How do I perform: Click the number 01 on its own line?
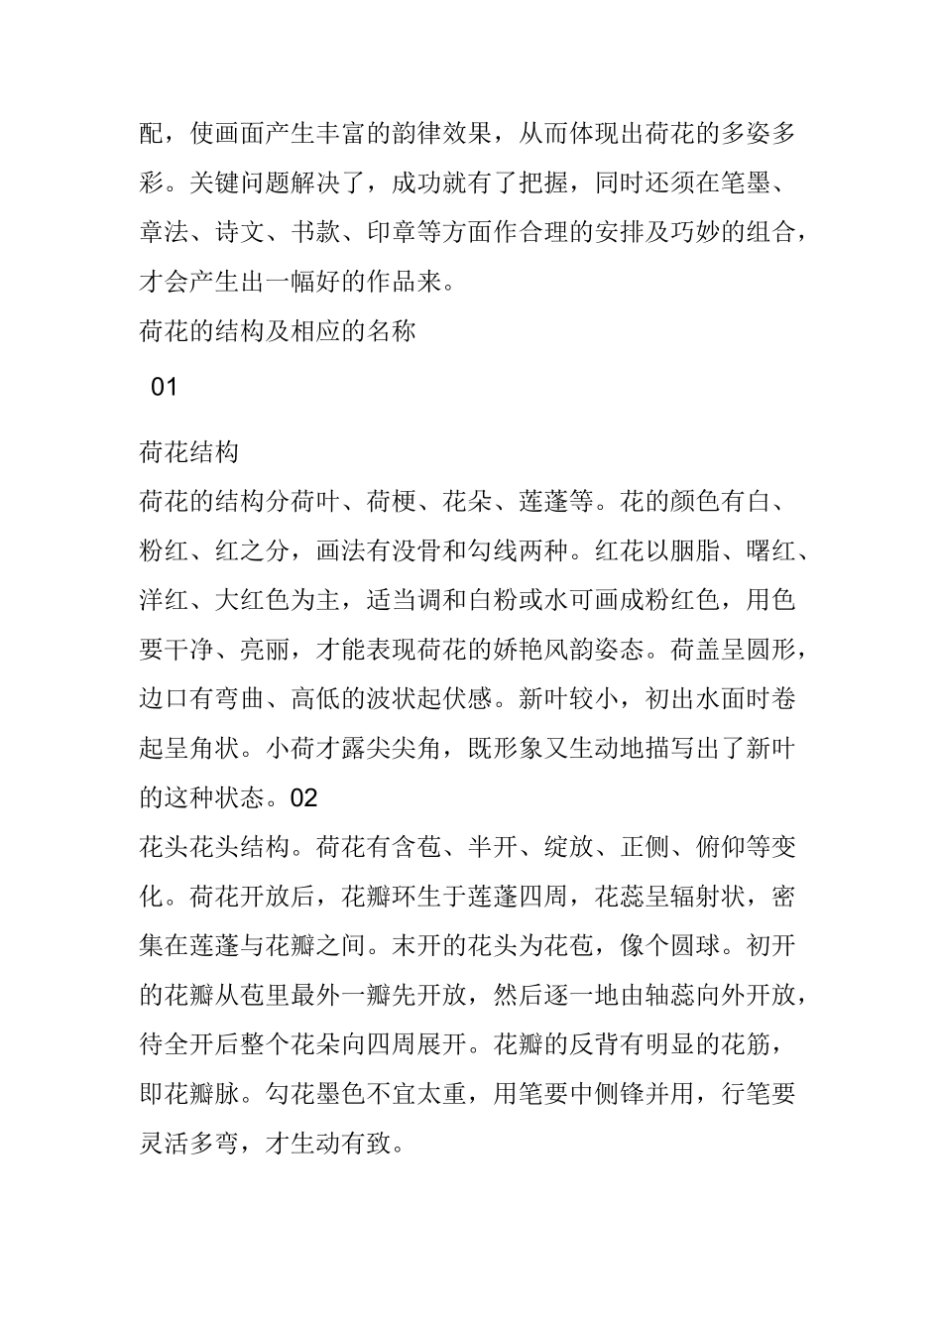(164, 387)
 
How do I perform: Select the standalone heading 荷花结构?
(189, 452)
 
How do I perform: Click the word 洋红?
(165, 601)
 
